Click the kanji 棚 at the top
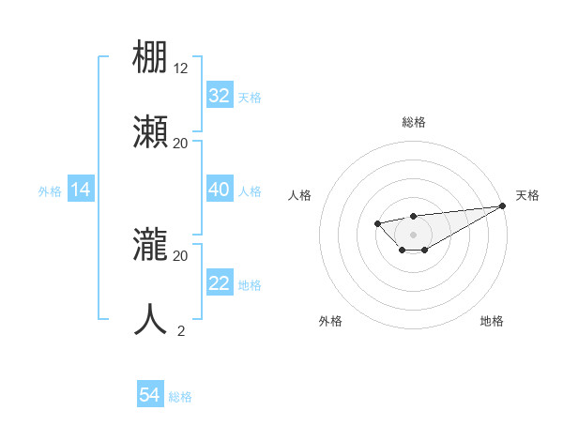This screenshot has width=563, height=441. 151,56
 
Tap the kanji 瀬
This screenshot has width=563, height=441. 151,131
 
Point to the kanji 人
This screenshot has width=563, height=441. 151,319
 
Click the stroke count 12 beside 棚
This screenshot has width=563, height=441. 181,68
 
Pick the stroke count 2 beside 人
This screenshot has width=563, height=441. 181,330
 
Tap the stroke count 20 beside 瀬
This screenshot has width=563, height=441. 181,143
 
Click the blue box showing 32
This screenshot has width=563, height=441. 219,96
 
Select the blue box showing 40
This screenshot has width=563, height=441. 219,190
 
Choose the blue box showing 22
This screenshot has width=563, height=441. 219,283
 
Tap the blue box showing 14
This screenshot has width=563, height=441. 81,190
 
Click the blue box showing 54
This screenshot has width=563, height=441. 150,396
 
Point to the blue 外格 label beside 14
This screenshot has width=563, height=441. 50,191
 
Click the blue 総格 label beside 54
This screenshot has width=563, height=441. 180,397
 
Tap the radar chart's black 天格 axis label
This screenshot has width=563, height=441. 528,195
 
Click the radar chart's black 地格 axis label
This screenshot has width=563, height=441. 492,321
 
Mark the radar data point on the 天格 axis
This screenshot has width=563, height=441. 503,205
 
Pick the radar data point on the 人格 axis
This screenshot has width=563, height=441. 377,223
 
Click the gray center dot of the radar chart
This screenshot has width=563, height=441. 413,235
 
